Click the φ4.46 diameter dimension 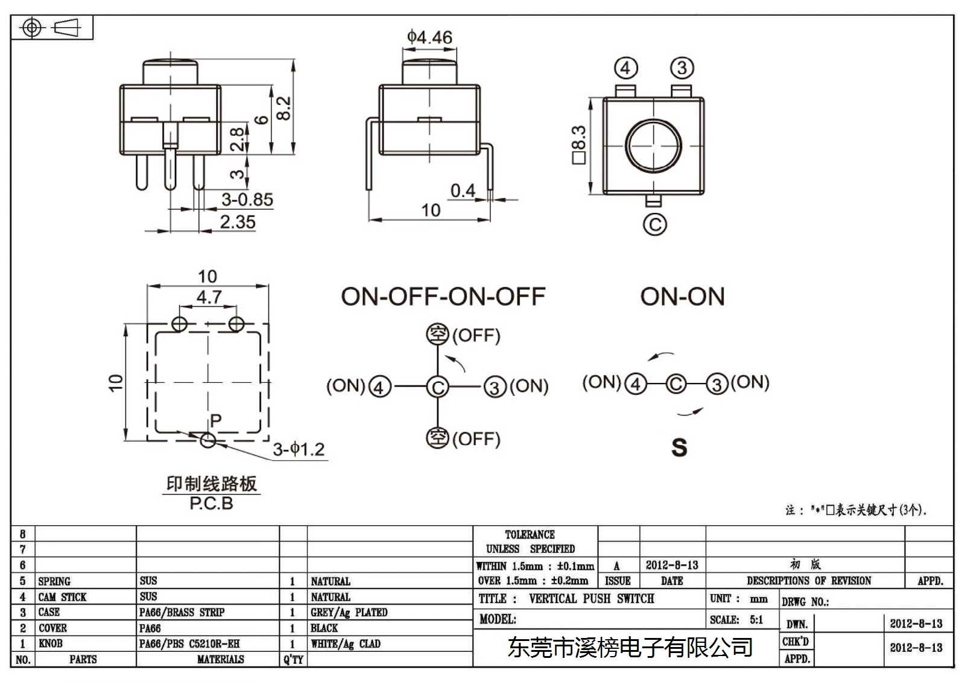point(429,37)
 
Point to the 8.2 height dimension point(283,108)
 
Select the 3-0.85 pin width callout point(247,200)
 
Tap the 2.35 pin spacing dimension point(238,222)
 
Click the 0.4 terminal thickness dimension point(463,191)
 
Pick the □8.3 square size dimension point(578,145)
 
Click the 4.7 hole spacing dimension point(209,297)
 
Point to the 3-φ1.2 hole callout point(299,449)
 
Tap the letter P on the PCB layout point(216,420)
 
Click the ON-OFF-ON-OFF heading point(443,297)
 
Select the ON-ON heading point(682,297)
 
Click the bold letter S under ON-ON point(679,447)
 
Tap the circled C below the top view point(654,224)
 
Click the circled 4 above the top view point(625,68)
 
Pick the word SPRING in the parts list point(54,581)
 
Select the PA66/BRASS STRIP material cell point(182,612)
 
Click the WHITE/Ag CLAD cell point(346,643)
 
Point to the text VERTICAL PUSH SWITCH point(592,598)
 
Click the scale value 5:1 point(756,619)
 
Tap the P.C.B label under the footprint point(211,503)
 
